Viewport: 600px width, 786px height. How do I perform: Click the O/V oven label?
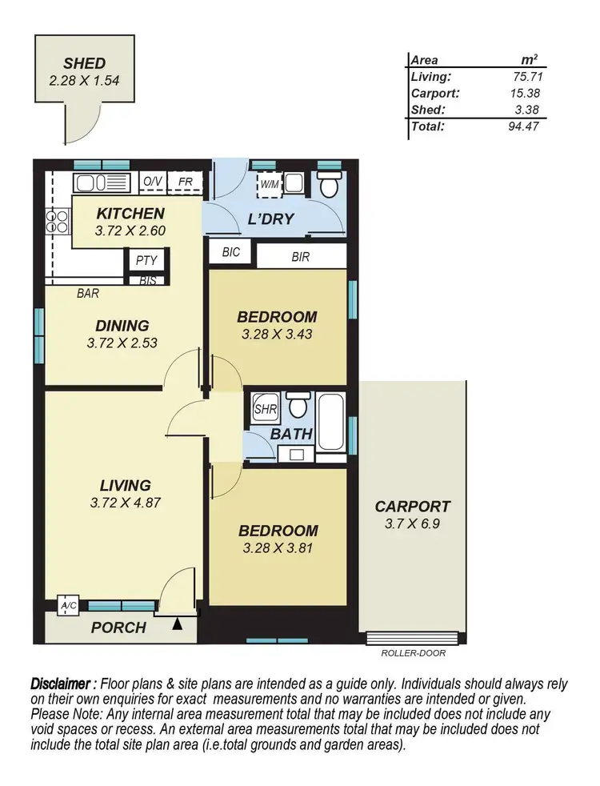[x=152, y=182]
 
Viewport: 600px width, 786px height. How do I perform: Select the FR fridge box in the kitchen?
[x=184, y=182]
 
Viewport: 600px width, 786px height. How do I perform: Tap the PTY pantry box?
[x=146, y=260]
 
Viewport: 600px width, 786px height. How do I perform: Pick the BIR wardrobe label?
[x=301, y=257]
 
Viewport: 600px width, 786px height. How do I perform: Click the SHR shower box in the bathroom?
[x=264, y=408]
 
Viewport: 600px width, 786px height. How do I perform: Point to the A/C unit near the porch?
[x=69, y=607]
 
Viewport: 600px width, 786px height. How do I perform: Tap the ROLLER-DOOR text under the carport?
[x=414, y=652]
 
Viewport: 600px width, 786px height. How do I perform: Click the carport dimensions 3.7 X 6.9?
[x=412, y=524]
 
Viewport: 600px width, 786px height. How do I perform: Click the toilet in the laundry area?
[x=327, y=186]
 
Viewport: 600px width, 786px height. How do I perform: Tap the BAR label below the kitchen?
[x=87, y=294]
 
